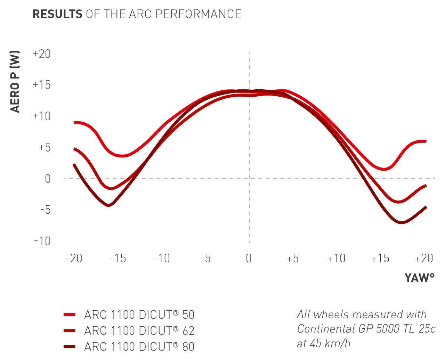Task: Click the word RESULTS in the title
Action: click(x=57, y=14)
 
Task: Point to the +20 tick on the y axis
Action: click(x=41, y=54)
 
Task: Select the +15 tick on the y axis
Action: click(x=41, y=85)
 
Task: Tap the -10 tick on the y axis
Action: click(x=42, y=240)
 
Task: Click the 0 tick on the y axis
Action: click(x=47, y=179)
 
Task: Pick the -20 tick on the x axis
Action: click(x=74, y=259)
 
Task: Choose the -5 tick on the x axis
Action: click(x=205, y=259)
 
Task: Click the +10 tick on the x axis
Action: click(x=336, y=259)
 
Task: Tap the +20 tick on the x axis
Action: click(x=424, y=259)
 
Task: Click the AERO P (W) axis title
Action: click(x=15, y=82)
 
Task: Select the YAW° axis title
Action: click(x=419, y=278)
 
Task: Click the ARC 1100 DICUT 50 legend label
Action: click(x=139, y=315)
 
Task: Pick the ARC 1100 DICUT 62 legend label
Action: click(x=139, y=330)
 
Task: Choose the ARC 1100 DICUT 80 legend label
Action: click(x=139, y=346)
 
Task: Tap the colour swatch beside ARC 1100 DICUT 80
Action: click(x=70, y=346)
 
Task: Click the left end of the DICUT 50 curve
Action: click(x=74, y=122)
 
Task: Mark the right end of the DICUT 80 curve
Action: click(x=426, y=207)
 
